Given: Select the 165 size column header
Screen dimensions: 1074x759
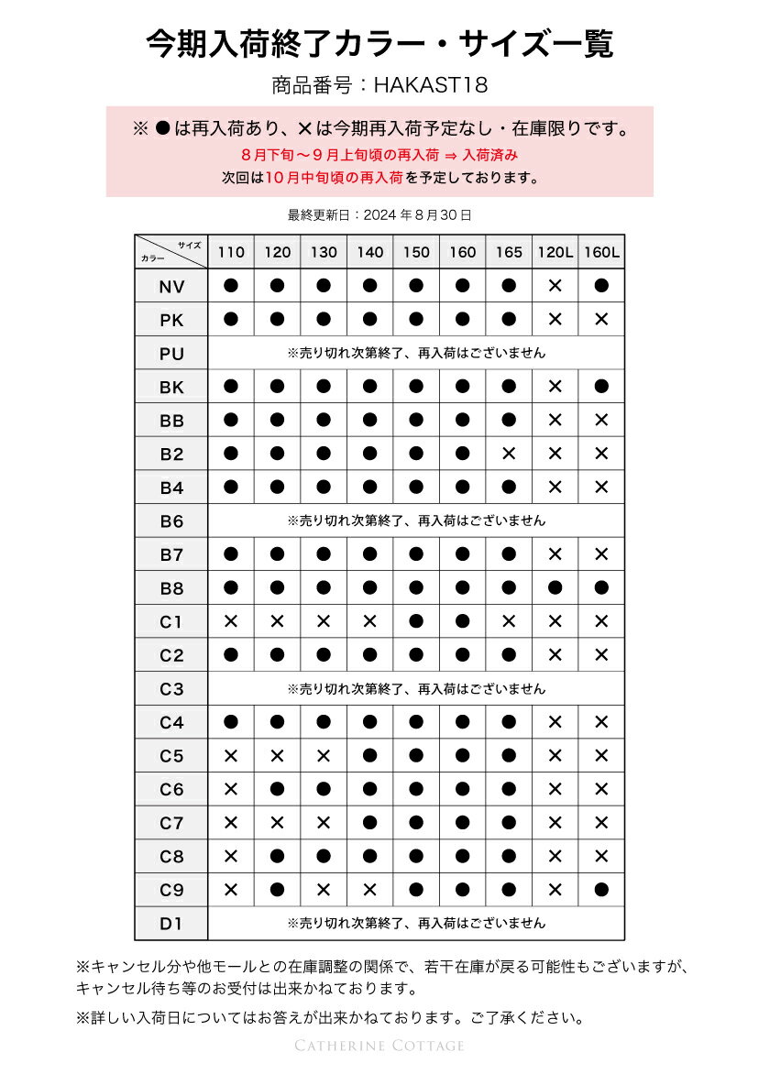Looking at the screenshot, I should (x=509, y=252).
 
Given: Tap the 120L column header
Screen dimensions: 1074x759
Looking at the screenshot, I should (x=555, y=252).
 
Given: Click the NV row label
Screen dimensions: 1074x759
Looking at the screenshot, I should (x=171, y=287).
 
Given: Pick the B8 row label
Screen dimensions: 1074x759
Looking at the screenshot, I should (x=171, y=588).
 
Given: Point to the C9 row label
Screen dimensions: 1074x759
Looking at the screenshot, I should (x=171, y=890).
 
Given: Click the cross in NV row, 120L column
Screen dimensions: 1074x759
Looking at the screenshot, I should (x=555, y=286).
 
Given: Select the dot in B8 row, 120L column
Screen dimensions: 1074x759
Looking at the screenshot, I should (x=555, y=587).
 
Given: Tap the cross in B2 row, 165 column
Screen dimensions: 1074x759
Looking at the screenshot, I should (x=509, y=454).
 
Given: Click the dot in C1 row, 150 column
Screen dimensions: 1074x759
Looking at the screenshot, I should (x=416, y=621).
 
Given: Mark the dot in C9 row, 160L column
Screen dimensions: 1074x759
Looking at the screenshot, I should (x=601, y=889).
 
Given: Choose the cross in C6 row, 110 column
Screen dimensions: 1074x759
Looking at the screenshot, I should (x=231, y=789).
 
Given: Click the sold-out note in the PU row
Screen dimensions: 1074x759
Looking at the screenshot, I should (x=416, y=353).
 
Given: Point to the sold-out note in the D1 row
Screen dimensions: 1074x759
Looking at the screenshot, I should (x=416, y=923).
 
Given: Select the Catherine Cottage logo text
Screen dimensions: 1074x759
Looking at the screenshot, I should (x=379, y=1046).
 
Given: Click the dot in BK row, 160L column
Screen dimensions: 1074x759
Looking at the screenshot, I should (x=601, y=387).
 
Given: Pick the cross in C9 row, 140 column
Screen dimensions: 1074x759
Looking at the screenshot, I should (x=369, y=889).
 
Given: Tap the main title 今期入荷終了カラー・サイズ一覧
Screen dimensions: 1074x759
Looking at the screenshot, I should (x=379, y=44).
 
